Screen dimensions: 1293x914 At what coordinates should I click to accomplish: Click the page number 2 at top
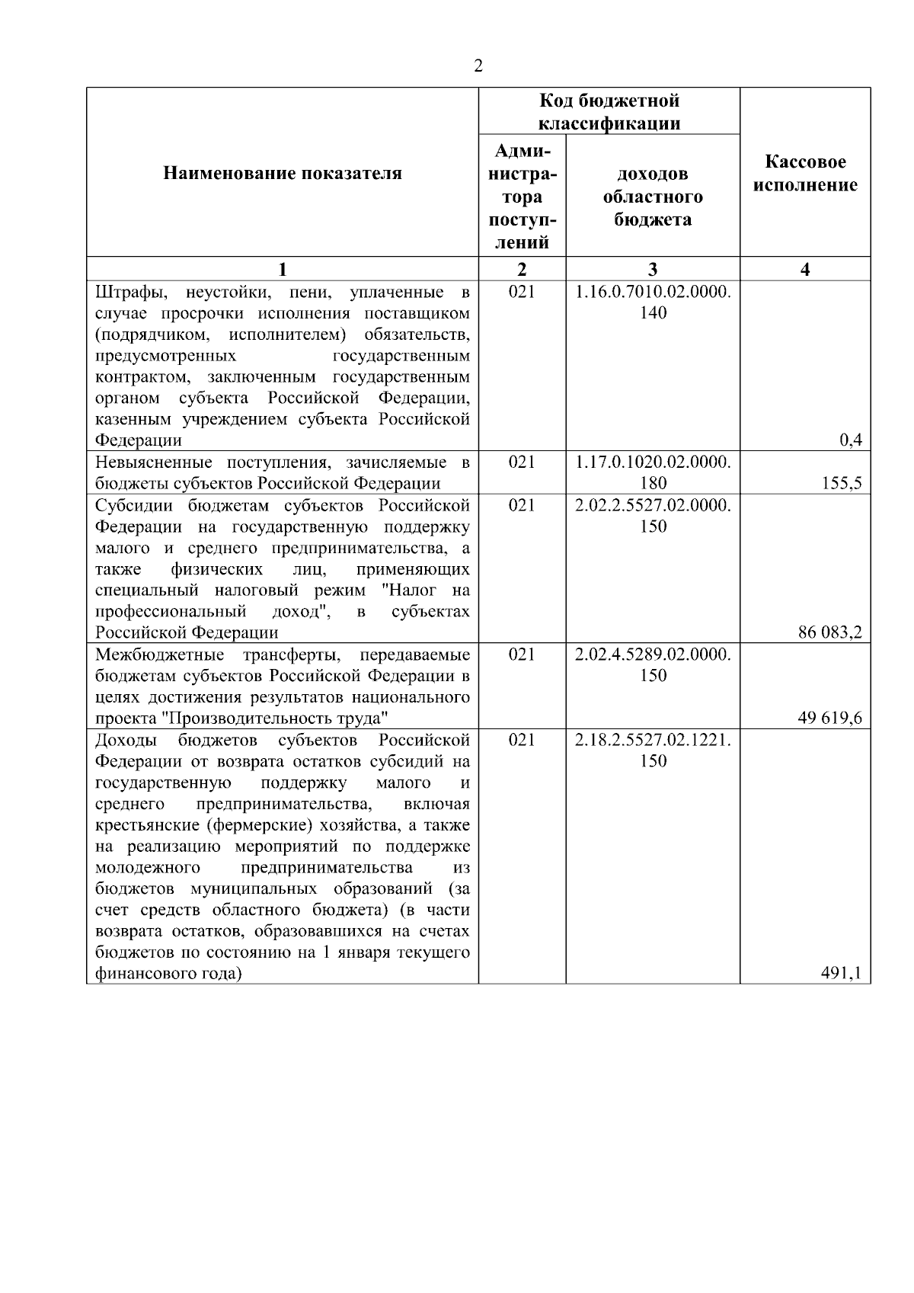click(x=478, y=66)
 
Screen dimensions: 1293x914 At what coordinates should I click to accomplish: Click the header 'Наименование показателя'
click(x=283, y=174)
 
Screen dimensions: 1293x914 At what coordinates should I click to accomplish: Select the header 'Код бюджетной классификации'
click(x=609, y=112)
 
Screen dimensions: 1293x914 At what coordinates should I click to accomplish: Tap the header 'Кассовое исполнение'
click(x=805, y=174)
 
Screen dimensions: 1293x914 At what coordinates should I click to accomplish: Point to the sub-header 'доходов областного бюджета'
click(x=653, y=197)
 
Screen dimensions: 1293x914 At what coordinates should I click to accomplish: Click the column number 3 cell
click(x=653, y=269)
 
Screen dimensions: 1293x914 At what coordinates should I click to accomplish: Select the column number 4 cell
click(x=805, y=269)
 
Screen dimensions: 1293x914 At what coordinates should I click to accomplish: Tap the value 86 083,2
click(x=830, y=632)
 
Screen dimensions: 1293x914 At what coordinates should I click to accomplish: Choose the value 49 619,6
click(x=830, y=718)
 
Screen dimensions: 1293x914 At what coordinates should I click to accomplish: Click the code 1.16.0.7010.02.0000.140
click(x=653, y=302)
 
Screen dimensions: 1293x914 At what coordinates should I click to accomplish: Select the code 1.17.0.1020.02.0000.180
click(x=653, y=472)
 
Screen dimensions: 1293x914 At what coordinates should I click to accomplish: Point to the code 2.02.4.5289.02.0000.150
click(x=653, y=664)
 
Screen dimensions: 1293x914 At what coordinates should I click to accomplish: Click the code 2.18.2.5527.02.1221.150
click(x=653, y=750)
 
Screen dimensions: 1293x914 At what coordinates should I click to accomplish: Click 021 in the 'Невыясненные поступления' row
click(x=522, y=462)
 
